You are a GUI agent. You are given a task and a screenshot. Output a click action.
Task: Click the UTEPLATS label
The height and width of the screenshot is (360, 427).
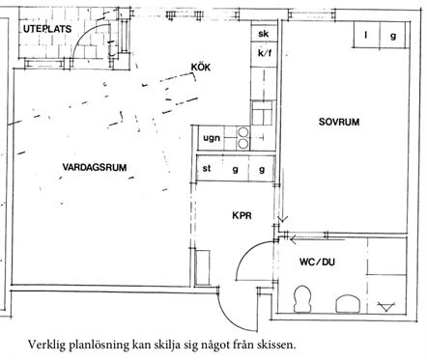pyautogui.click(x=47, y=29)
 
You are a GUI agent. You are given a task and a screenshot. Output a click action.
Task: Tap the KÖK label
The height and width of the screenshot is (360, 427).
pyautogui.click(x=201, y=68)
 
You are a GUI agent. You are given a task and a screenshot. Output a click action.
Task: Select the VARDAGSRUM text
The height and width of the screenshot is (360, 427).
pyautogui.click(x=95, y=168)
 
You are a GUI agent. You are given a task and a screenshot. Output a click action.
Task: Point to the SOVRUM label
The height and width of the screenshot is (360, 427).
pyautogui.click(x=339, y=122)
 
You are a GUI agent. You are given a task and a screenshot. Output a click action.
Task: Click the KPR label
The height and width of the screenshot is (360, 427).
pyautogui.click(x=242, y=215)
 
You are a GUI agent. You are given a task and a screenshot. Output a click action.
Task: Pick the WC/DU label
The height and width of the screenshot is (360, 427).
pyautogui.click(x=317, y=262)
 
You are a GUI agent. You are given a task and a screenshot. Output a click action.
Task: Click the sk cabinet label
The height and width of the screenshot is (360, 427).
pyautogui.click(x=264, y=34)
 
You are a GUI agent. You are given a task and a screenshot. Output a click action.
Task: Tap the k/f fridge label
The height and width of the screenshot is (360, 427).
pyautogui.click(x=265, y=53)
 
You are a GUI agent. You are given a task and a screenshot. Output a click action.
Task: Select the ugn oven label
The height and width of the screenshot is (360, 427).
pyautogui.click(x=212, y=138)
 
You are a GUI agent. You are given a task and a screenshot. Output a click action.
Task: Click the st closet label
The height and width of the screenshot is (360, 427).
pyautogui.click(x=207, y=168)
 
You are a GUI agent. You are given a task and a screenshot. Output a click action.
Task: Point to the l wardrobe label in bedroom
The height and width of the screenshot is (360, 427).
pyautogui.click(x=366, y=35)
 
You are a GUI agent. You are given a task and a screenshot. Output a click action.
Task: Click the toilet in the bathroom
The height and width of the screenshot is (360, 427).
pyautogui.click(x=302, y=299)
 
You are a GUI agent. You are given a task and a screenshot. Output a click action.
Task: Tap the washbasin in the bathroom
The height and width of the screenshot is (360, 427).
pyautogui.click(x=348, y=303)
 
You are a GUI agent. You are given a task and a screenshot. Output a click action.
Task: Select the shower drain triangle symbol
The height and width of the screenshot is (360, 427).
pyautogui.click(x=386, y=307)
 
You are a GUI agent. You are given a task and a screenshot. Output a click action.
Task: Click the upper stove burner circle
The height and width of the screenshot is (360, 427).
pyautogui.click(x=243, y=132)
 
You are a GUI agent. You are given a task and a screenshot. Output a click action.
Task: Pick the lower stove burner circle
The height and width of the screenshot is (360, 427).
pyautogui.click(x=243, y=144)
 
